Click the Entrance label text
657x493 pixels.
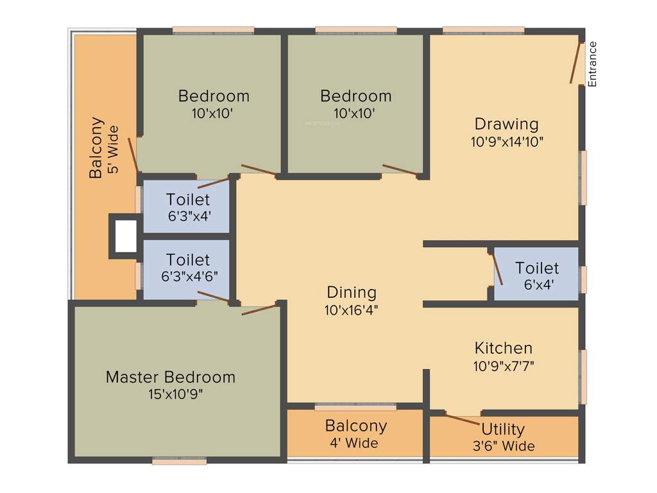[593, 64]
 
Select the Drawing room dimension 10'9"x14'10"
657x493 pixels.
[507, 142]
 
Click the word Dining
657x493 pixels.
[352, 293]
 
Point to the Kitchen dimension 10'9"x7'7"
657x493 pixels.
[504, 366]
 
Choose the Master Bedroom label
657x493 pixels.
[171, 377]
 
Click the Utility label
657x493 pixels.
[503, 429]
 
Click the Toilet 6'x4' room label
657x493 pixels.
[537, 268]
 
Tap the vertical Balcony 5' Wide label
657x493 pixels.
[104, 148]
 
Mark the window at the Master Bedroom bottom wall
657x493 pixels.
[180, 460]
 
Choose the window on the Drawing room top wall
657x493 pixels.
[483, 30]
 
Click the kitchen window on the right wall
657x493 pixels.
[583, 377]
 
